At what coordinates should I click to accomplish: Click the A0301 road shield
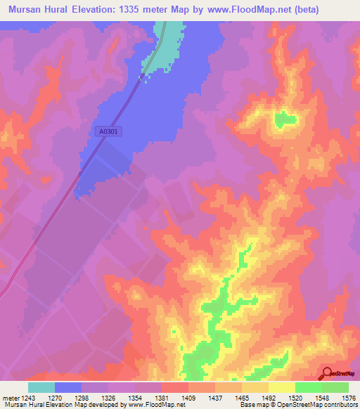108,131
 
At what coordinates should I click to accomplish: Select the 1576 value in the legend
348,397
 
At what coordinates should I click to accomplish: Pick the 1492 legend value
269,397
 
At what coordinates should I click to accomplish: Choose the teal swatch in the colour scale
41,387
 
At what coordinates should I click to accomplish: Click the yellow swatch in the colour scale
282,387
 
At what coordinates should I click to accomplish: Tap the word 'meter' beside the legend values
11,397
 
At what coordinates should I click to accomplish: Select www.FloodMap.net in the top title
239,10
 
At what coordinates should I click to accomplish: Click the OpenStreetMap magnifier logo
328,373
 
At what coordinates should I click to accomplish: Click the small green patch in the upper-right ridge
285,119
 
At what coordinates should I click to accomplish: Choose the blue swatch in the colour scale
68,387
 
